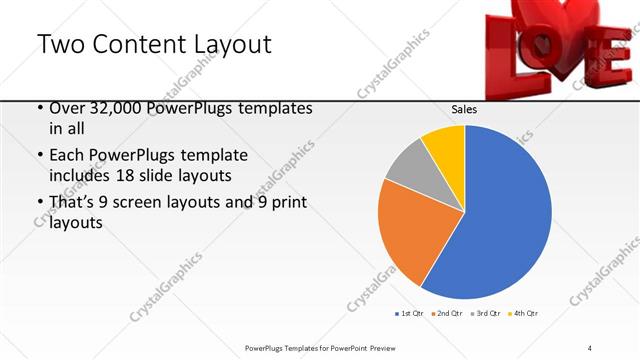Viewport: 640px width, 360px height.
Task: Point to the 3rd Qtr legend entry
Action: coord(486,314)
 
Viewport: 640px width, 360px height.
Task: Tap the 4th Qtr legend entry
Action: coord(525,314)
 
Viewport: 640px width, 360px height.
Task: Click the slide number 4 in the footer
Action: coord(590,347)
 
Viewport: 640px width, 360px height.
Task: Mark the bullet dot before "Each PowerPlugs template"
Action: coord(38,157)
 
